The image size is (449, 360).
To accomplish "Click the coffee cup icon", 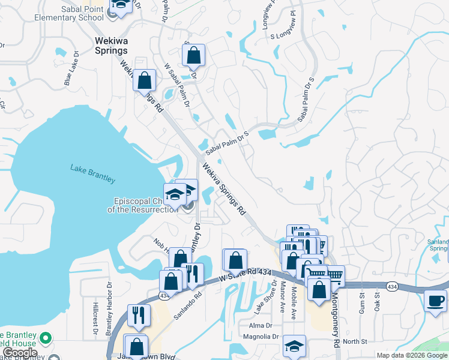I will (435, 301).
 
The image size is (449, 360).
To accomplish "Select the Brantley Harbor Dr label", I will (110, 303).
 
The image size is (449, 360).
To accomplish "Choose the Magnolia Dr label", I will (260, 337).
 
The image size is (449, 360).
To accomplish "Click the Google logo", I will (20, 353).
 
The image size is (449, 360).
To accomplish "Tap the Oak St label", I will (378, 299).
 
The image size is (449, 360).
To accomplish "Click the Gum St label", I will (363, 299).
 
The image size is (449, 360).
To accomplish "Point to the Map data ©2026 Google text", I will (411, 355).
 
